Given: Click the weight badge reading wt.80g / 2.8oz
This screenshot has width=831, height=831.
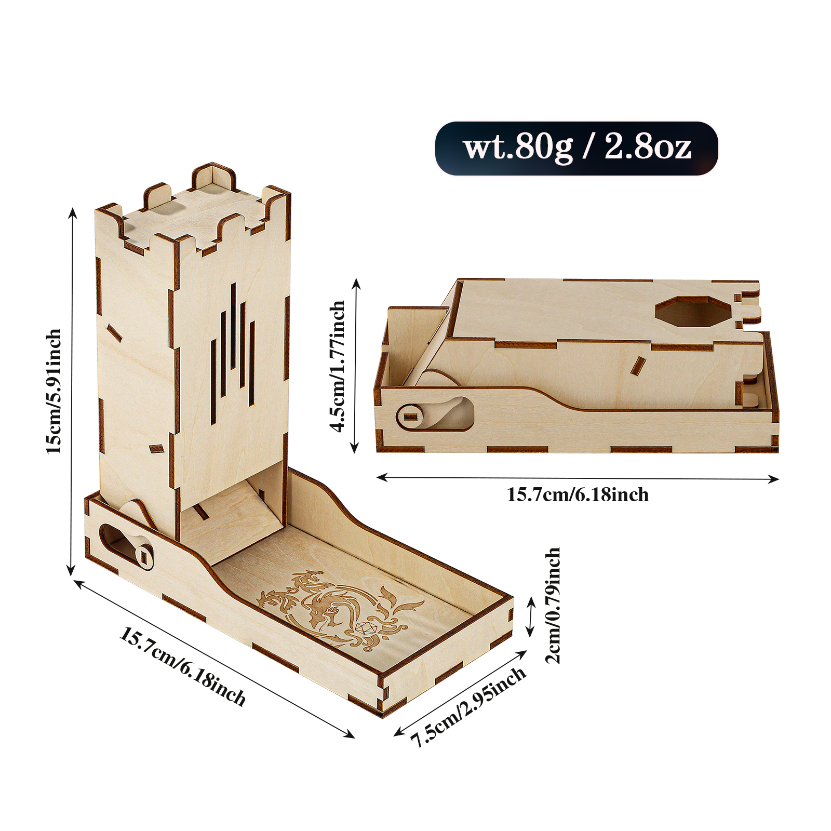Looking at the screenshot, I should click(577, 149).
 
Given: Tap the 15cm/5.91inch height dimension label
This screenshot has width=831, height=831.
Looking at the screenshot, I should click(54, 391).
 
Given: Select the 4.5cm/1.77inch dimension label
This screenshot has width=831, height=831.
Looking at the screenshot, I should click(338, 366).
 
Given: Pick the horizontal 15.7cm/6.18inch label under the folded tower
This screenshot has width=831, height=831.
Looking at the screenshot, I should click(578, 494).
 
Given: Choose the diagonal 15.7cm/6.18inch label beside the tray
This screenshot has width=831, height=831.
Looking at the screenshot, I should click(182, 667).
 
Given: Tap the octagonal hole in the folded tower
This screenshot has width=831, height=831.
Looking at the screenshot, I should click(693, 312).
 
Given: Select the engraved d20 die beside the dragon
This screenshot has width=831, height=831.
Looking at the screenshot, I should click(366, 628).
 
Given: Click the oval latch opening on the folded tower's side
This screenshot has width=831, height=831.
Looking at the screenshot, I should click(435, 414).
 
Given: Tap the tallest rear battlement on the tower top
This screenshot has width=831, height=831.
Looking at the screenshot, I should click(213, 177).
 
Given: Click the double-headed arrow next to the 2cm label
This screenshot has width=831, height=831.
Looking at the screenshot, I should click(530, 616).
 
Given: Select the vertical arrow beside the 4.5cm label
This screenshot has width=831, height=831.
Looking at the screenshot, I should click(356, 366).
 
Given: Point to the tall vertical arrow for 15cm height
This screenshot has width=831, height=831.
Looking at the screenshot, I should click(72, 391).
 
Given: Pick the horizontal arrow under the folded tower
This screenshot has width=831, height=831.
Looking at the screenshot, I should click(577, 478).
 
